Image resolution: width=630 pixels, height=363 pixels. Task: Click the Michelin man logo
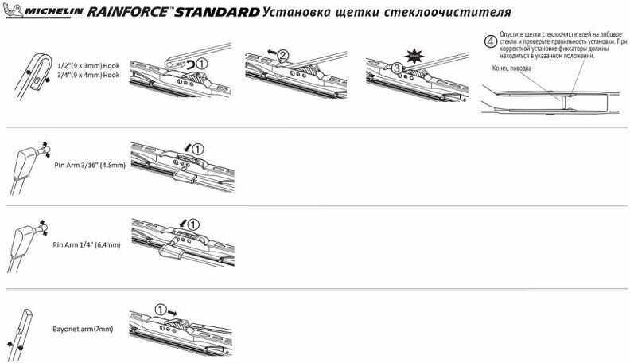[x=13, y=10]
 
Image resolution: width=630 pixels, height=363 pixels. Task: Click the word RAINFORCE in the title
[x=127, y=11]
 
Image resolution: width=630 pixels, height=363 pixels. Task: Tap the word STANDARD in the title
[x=217, y=12]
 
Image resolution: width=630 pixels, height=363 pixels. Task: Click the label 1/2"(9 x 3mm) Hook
[x=89, y=65]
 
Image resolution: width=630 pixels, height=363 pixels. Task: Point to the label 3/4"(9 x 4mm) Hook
[x=89, y=75]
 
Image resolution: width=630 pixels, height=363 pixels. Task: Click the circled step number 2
[x=283, y=55]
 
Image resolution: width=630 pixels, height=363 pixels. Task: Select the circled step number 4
[x=490, y=41]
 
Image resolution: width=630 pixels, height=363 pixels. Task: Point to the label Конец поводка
[x=511, y=68]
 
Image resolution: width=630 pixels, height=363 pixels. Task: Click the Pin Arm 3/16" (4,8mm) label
[x=90, y=165]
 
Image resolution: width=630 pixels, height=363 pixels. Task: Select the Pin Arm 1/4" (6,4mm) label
[x=87, y=244]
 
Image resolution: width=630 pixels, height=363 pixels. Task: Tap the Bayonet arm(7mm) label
[x=83, y=329]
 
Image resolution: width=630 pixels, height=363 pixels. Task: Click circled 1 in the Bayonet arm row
[x=161, y=310]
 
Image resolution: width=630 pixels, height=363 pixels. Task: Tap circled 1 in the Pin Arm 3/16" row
[x=198, y=150]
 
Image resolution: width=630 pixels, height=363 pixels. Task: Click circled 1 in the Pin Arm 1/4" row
[x=193, y=224]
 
